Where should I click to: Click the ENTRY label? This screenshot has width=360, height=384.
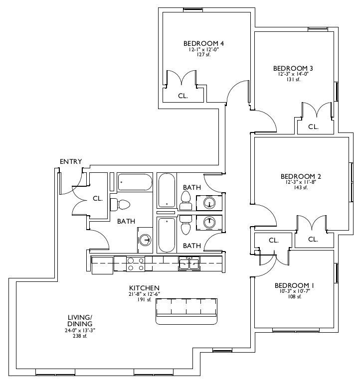(71, 161)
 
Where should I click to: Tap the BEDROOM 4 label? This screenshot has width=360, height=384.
(203, 43)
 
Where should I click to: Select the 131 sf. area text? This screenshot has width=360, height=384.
(293, 79)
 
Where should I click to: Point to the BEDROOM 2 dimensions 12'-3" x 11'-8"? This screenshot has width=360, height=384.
(301, 182)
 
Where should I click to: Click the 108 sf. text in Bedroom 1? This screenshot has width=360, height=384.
(295, 296)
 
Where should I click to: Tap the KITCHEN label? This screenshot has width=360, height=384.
(144, 288)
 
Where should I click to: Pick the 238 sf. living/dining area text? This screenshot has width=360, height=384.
(80, 336)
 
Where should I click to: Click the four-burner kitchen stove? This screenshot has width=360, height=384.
(136, 264)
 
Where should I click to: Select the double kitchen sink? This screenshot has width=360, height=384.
(189, 263)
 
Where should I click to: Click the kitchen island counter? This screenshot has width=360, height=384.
(186, 311)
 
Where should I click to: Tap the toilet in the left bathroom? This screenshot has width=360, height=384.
(120, 205)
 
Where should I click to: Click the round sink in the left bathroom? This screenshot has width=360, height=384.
(145, 240)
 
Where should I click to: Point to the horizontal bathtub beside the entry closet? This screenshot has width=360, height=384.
(135, 182)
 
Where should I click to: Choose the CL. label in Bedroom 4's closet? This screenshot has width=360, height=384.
(183, 96)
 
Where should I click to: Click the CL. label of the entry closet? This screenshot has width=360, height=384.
(98, 199)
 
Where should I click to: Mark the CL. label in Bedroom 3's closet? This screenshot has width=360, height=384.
(313, 127)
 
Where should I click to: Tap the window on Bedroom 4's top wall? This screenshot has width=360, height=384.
(193, 10)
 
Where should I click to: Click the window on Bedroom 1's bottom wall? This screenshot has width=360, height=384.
(296, 330)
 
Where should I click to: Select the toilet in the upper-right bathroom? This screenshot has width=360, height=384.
(185, 200)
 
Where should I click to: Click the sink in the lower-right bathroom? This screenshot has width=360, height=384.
(209, 223)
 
